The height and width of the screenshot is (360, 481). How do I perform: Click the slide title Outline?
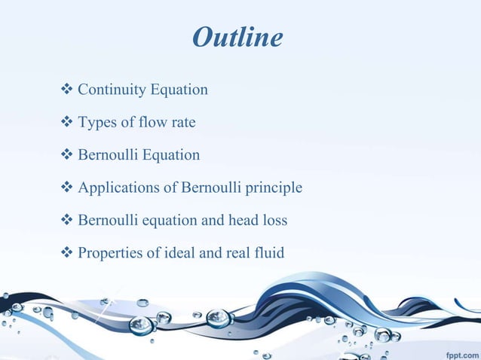(237, 37)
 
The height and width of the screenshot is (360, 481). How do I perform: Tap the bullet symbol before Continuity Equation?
(64, 90)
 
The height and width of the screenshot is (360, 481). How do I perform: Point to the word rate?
(181, 123)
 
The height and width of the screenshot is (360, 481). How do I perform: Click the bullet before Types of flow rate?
(64, 123)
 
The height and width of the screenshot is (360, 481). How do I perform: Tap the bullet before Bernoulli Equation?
(64, 155)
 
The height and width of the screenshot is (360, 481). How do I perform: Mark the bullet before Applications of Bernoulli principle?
(64, 188)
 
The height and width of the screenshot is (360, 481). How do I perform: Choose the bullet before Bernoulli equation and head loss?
(64, 220)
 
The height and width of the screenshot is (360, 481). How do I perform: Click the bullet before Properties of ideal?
(64, 252)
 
